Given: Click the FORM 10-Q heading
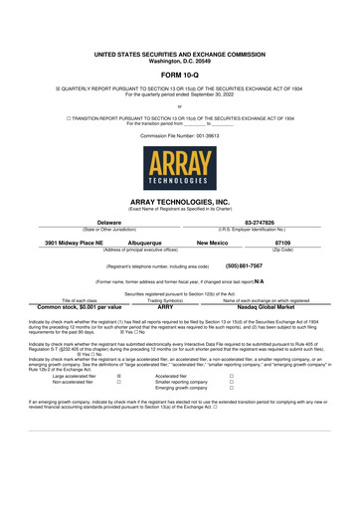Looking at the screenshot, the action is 180,75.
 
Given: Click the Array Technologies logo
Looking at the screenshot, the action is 180,169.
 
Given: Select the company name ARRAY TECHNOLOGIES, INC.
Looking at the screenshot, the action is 180,202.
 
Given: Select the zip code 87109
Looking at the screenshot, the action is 283,242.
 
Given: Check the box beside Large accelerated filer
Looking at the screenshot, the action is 119,376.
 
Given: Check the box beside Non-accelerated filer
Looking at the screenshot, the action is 119,382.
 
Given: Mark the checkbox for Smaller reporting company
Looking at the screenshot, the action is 231,382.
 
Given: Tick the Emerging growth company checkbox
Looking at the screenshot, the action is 231,389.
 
